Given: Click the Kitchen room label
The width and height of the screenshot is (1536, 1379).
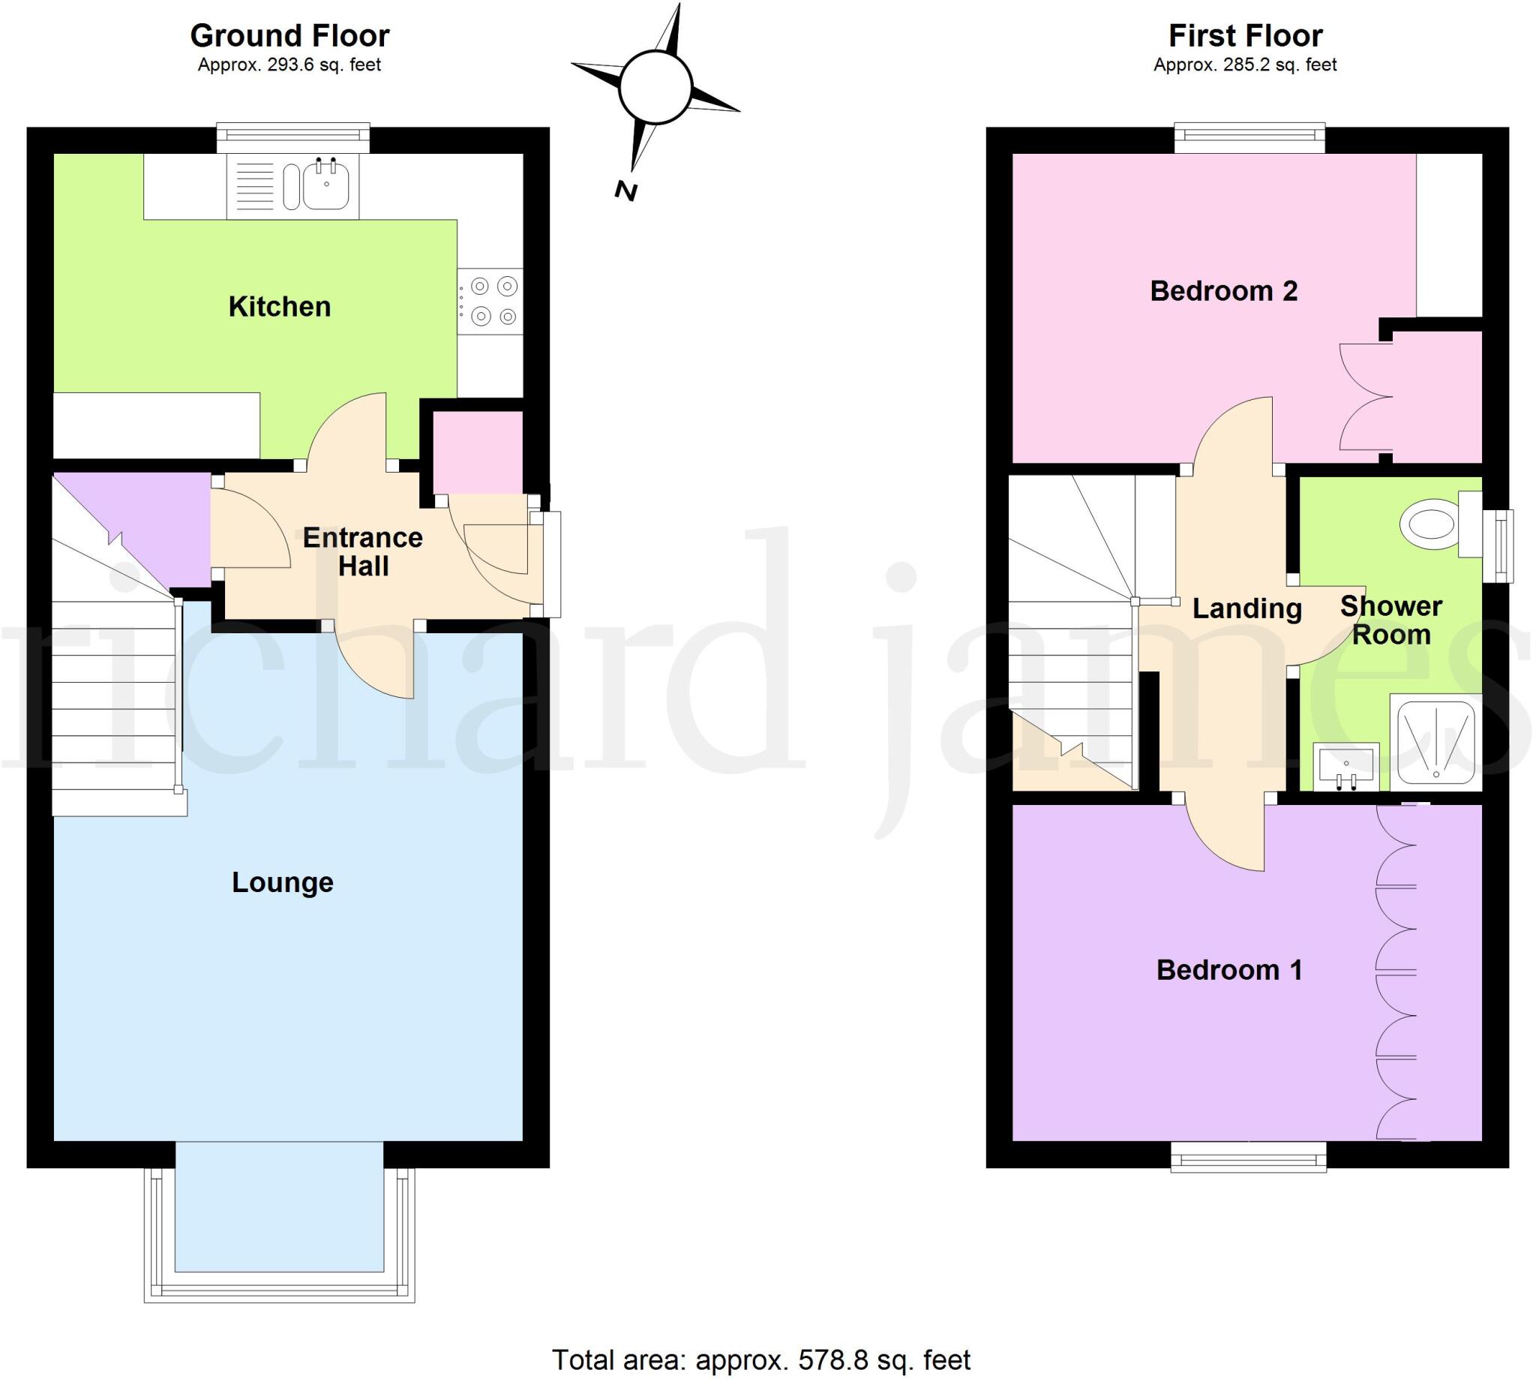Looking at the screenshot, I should [280, 307].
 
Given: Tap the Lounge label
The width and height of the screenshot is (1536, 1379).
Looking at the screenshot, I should [283, 882].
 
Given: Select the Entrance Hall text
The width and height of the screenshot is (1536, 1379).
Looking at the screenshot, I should [363, 551].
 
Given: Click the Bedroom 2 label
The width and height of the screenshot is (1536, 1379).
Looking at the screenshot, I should [1223, 291].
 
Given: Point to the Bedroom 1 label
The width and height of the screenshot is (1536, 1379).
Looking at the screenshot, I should [1228, 970].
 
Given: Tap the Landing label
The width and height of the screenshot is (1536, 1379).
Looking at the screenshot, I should [1246, 608].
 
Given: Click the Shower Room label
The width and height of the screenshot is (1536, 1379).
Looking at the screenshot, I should [1390, 620].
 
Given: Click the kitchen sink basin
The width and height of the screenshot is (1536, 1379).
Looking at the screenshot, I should [326, 186].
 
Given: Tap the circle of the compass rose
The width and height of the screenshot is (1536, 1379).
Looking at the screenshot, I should [655, 88].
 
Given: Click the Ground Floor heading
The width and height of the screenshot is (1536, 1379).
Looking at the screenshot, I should [289, 35].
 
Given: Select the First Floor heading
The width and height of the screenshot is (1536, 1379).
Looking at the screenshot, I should [1245, 35].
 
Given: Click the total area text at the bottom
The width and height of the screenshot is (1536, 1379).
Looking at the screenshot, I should [760, 1360].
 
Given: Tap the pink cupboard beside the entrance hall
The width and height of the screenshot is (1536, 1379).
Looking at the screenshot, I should [476, 452].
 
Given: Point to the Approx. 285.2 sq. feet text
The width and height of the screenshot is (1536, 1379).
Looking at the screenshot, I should [1245, 65].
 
